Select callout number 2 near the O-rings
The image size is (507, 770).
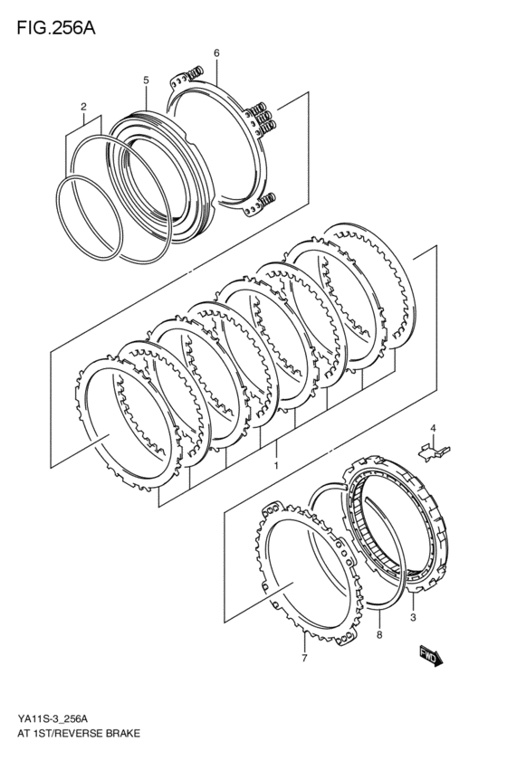point(83,107)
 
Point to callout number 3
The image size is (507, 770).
point(413,617)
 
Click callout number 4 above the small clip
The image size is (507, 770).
point(433,428)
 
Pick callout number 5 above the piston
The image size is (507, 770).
point(146,81)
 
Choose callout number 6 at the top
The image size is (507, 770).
point(216,54)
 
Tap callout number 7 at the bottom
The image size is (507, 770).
point(305,659)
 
